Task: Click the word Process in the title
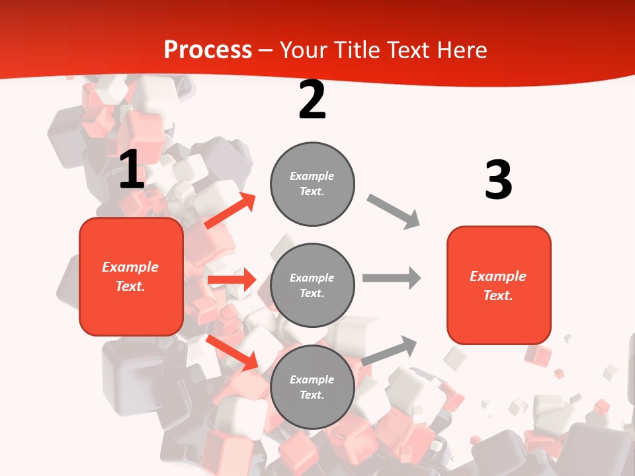pyautogui.click(x=208, y=50)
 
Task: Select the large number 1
pyautogui.click(x=132, y=170)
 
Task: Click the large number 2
pyautogui.click(x=312, y=100)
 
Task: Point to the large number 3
pyautogui.click(x=498, y=180)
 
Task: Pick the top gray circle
pyautogui.click(x=312, y=184)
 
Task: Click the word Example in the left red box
pyautogui.click(x=130, y=267)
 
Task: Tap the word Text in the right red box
pyautogui.click(x=497, y=296)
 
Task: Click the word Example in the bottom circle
pyautogui.click(x=312, y=379)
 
